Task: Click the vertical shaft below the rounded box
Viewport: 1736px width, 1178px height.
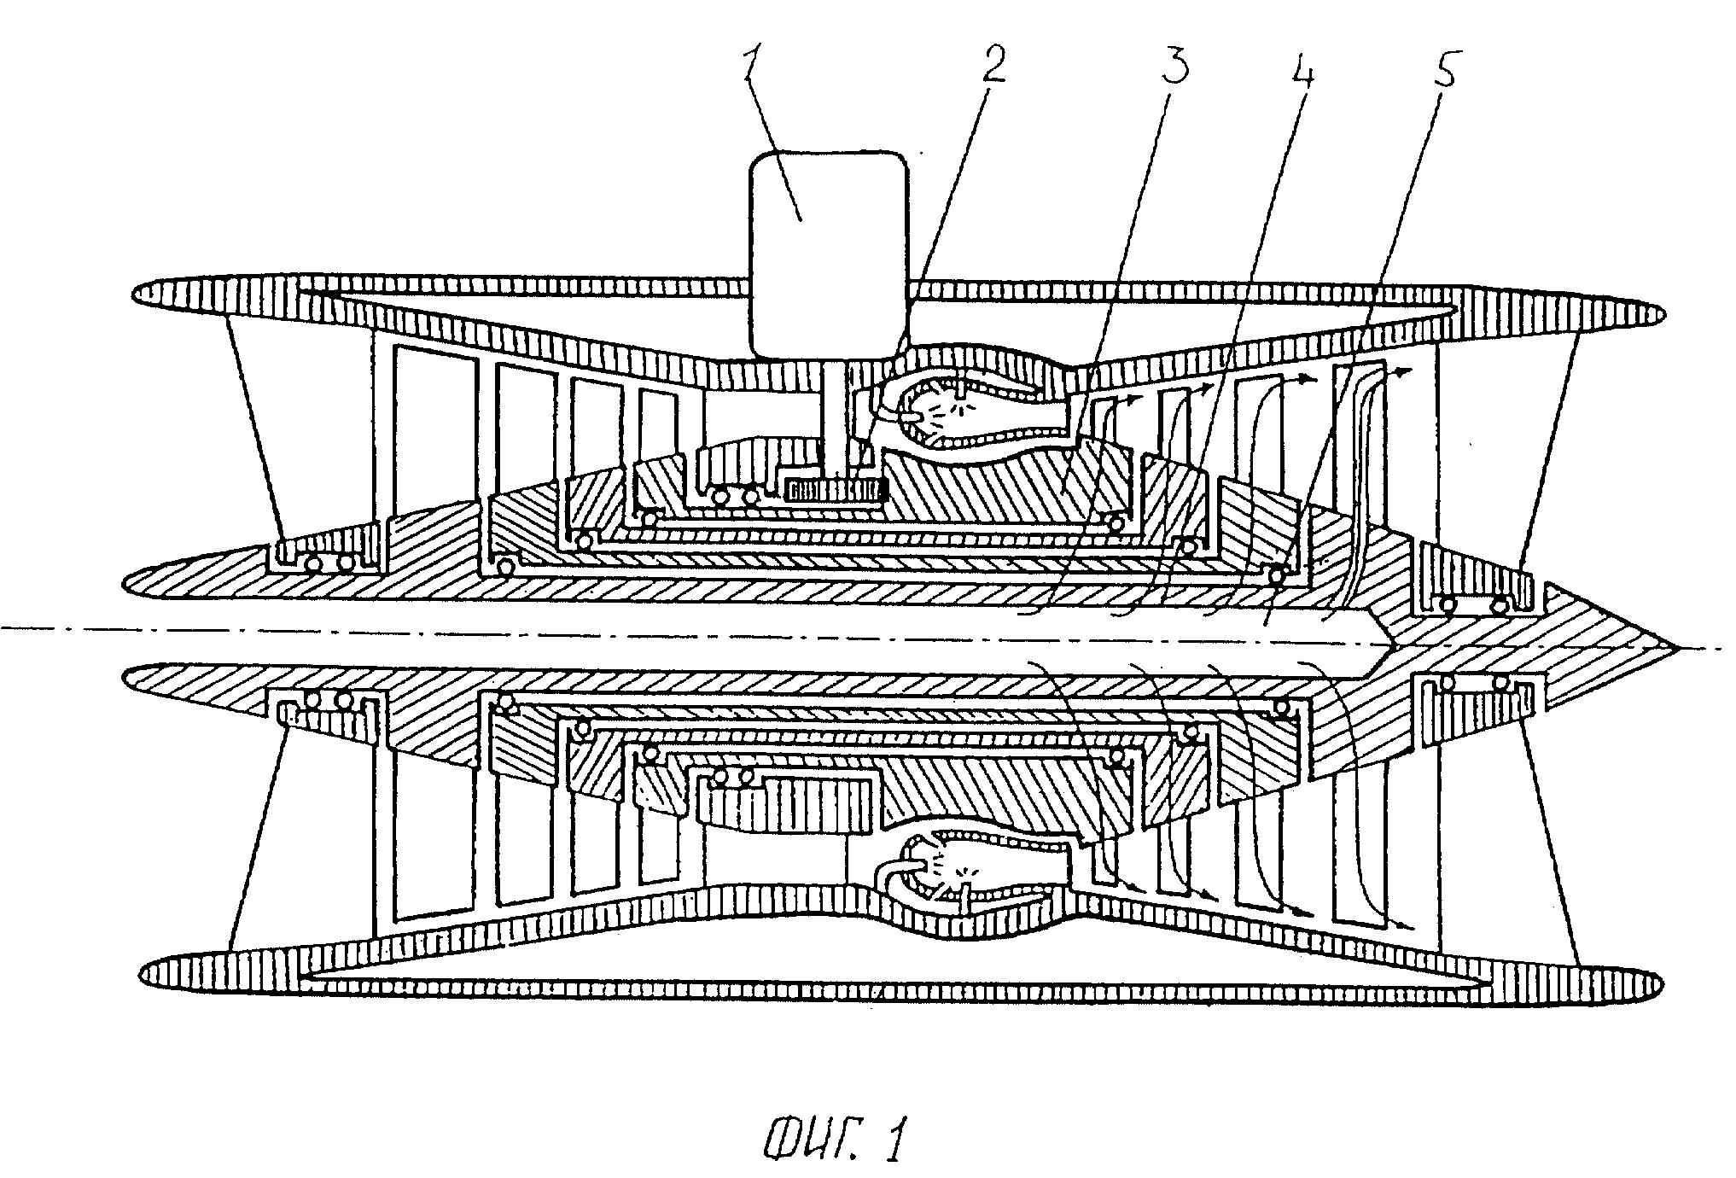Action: (x=832, y=418)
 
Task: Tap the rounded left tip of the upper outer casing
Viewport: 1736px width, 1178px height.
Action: (x=137, y=294)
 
